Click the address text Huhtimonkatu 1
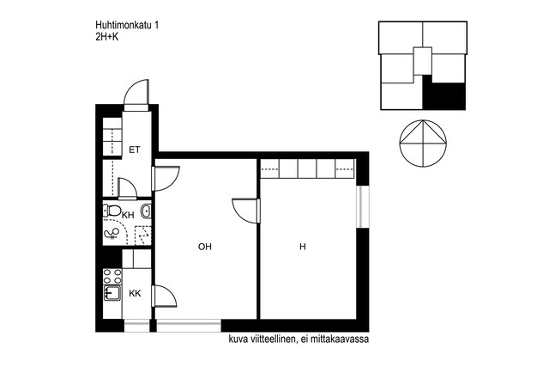click(127, 25)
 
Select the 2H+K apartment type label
click(106, 36)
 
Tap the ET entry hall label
click(135, 150)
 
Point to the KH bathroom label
click(128, 215)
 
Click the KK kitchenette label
click(135, 293)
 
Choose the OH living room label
click(205, 247)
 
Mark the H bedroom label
click(303, 247)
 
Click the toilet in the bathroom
click(112, 211)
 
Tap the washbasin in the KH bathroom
click(146, 211)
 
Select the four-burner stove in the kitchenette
click(112, 276)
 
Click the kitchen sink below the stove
click(112, 293)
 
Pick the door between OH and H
click(246, 211)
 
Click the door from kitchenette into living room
click(164, 296)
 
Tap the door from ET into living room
click(166, 179)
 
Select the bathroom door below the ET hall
click(128, 188)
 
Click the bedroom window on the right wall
click(362, 206)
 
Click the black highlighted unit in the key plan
click(444, 93)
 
